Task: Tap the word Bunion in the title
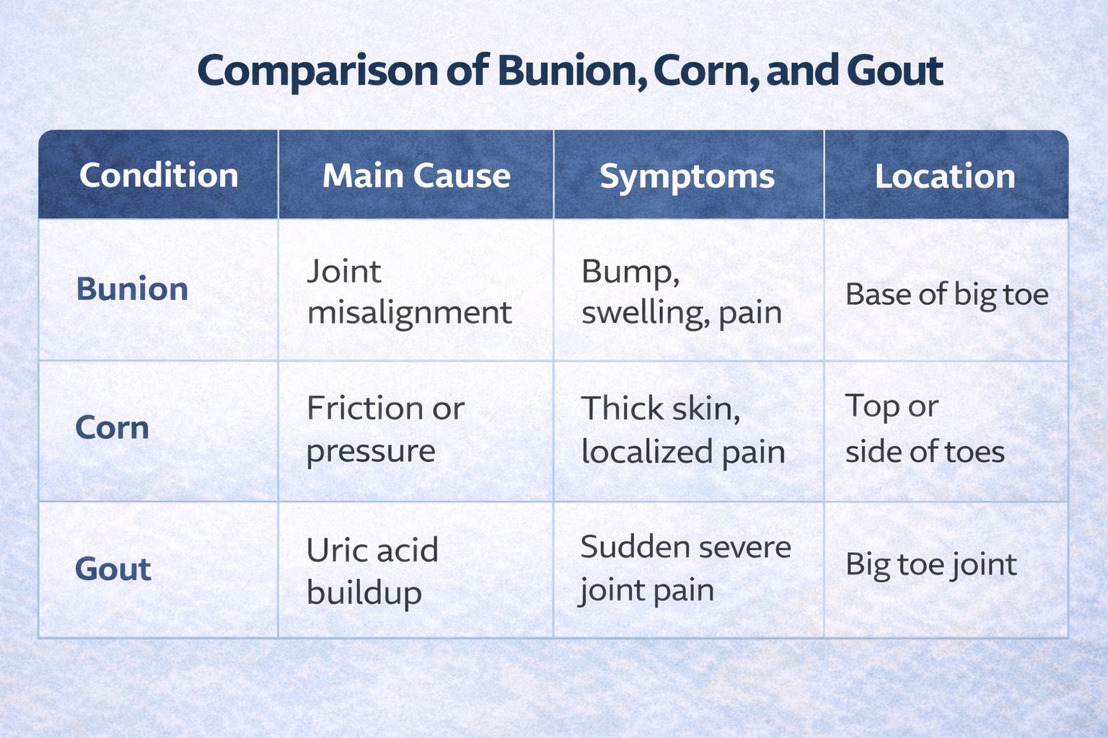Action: [x=570, y=71]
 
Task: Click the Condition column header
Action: [x=159, y=176]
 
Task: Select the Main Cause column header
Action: [x=416, y=176]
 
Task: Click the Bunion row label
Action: [x=132, y=289]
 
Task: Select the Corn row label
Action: [x=113, y=428]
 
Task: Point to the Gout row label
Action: [x=113, y=569]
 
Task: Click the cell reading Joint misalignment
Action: [x=409, y=292]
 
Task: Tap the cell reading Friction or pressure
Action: [x=385, y=430]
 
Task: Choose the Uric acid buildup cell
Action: [x=371, y=571]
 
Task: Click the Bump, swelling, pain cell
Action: [x=681, y=292]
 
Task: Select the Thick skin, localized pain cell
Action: [x=682, y=430]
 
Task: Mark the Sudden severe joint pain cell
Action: [x=685, y=569]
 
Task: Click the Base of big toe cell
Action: [x=946, y=295]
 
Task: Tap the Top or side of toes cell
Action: [x=925, y=430]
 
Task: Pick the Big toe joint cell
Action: [x=931, y=565]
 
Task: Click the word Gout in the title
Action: [x=894, y=71]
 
